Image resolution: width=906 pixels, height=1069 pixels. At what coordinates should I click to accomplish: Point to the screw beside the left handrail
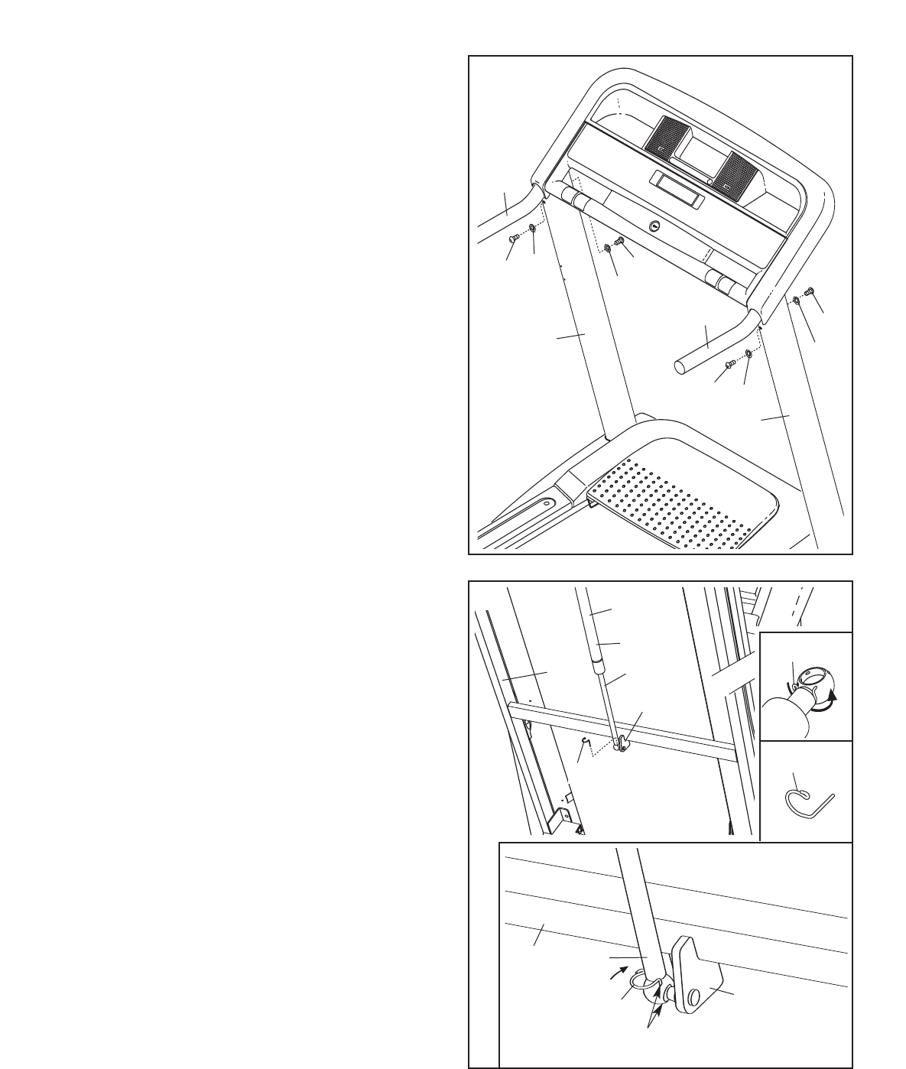click(x=515, y=239)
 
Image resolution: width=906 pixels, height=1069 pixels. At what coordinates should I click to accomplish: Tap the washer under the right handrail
click(x=749, y=353)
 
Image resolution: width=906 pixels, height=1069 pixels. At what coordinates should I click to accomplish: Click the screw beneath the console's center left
click(x=620, y=242)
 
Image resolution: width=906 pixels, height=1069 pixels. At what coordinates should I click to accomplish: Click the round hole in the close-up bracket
click(x=693, y=997)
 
